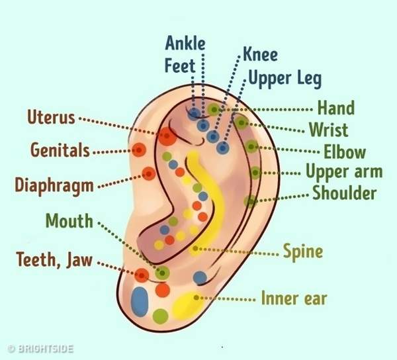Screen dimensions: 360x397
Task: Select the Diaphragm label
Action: (56, 185)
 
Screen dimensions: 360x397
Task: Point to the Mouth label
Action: (69, 220)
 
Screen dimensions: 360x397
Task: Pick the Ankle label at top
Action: (185, 44)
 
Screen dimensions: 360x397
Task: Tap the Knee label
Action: (260, 54)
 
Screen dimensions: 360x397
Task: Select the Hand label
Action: (336, 108)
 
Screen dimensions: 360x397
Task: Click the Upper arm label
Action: (343, 172)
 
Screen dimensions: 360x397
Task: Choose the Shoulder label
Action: (344, 193)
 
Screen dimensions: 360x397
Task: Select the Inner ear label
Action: (294, 298)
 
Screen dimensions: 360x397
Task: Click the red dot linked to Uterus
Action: (166, 137)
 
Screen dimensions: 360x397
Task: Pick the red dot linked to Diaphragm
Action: (149, 174)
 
